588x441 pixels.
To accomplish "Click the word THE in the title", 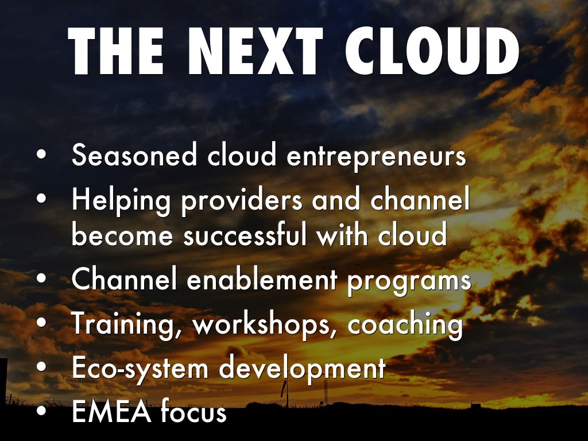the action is tap(115, 51).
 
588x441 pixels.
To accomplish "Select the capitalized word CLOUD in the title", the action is tap(432, 51).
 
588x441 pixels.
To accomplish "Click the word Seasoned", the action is tap(134, 154).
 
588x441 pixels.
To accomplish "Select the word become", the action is tap(122, 234).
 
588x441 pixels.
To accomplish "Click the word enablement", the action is tap(262, 280).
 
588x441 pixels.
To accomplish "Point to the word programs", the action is tap(409, 283).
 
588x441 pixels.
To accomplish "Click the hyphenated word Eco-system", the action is tap(140, 369).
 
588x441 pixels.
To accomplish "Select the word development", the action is tap(302, 369).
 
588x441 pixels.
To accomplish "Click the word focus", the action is tap(194, 411).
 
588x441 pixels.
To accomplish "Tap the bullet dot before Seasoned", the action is tap(41, 154).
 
